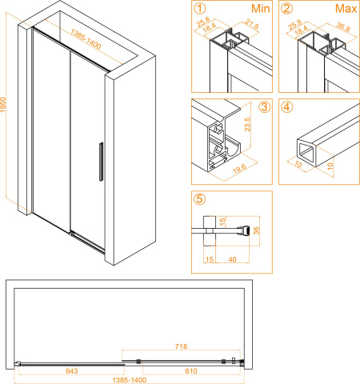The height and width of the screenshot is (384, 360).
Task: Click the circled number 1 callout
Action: [x=200, y=9]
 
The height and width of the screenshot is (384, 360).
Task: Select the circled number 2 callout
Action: [x=286, y=9]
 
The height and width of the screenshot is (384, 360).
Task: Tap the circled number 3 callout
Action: [x=264, y=107]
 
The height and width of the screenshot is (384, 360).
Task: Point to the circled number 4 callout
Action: [x=286, y=107]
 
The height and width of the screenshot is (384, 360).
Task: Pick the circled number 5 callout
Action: [x=200, y=199]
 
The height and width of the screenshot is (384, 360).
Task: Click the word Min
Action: [x=261, y=9]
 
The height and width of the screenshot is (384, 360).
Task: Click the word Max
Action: [x=346, y=9]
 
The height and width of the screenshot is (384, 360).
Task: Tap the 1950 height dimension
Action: [x=3, y=105]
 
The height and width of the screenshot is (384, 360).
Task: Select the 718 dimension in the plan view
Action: [x=181, y=346]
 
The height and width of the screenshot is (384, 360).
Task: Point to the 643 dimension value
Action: [x=72, y=370]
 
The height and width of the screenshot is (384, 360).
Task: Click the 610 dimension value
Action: [x=191, y=370]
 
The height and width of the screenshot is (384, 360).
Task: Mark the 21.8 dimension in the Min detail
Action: [x=252, y=24]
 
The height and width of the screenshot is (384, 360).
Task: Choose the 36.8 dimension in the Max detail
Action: [x=343, y=26]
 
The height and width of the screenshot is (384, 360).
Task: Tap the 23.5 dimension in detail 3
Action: [x=247, y=124]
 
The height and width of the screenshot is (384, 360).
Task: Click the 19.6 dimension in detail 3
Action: [x=239, y=169]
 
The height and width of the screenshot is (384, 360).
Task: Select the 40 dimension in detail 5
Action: [x=232, y=259]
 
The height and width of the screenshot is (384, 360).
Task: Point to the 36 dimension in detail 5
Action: [x=256, y=230]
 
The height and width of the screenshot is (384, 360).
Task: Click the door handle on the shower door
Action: [x=101, y=162]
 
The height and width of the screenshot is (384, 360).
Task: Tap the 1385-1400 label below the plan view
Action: [x=130, y=380]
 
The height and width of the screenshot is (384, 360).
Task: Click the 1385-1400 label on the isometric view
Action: [x=86, y=39]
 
